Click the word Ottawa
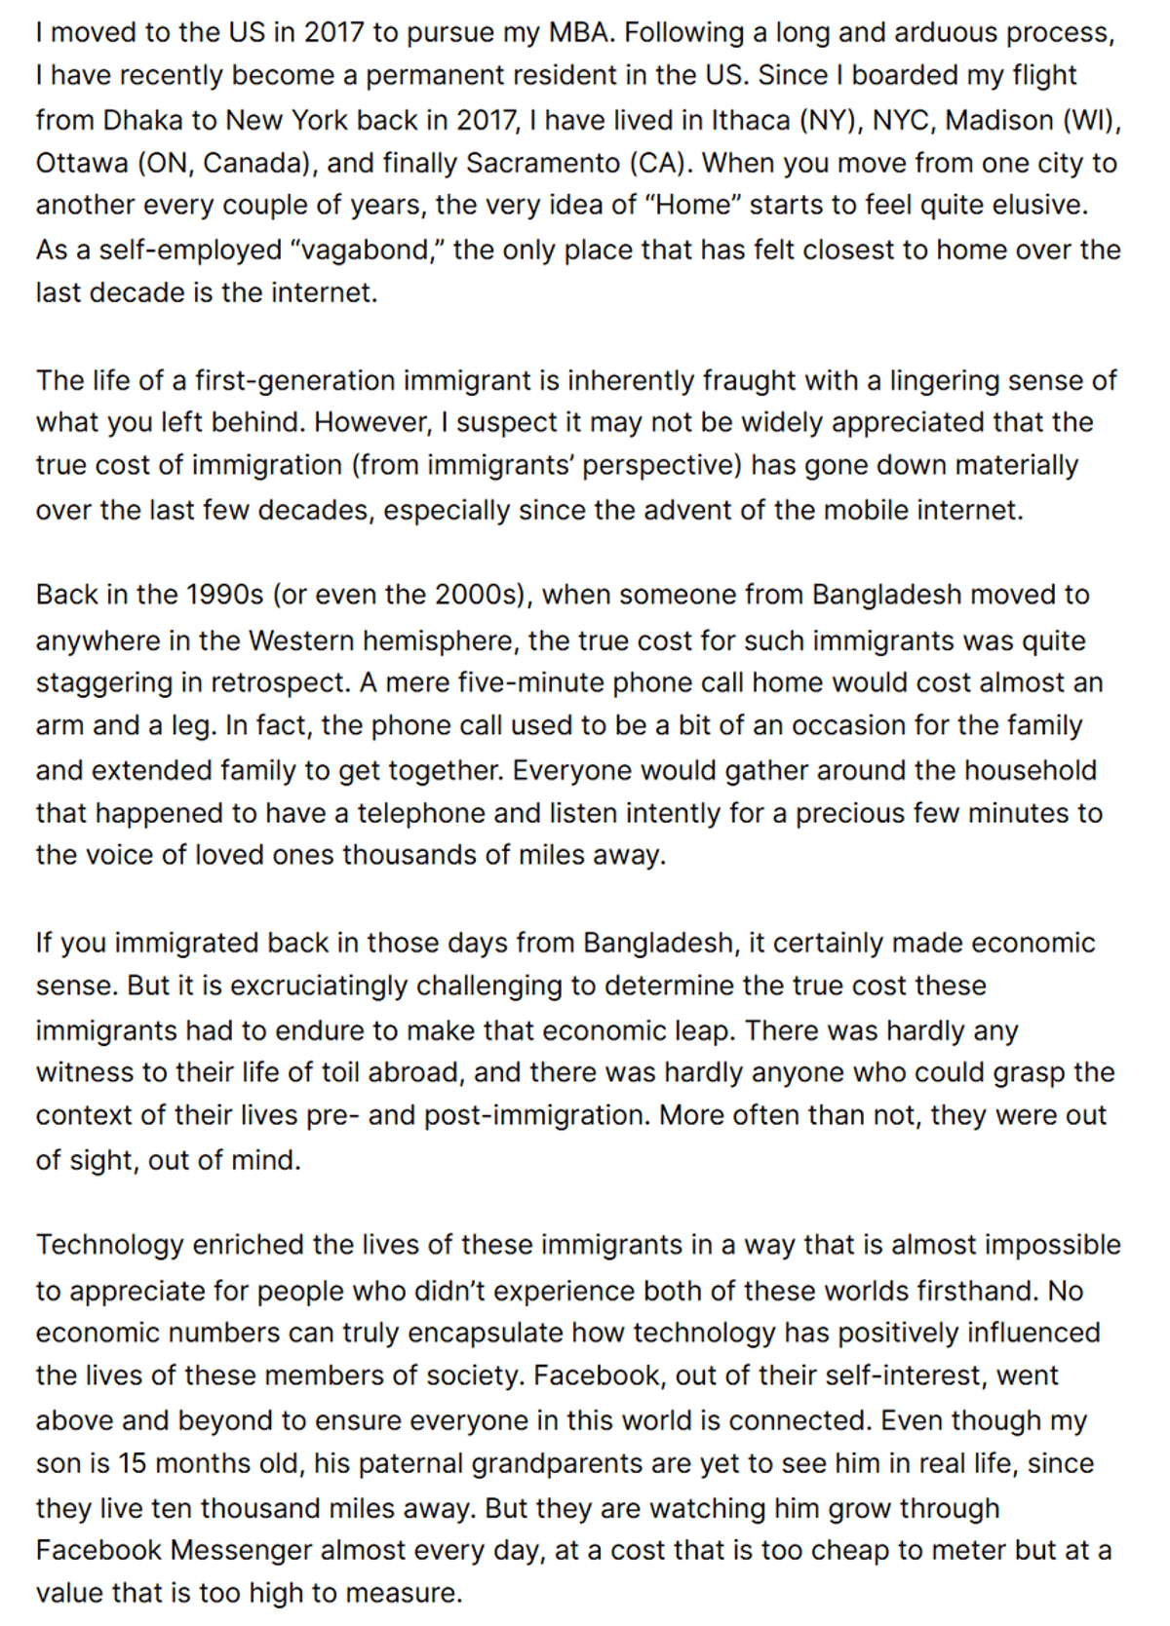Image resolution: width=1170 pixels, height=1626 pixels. coord(82,163)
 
